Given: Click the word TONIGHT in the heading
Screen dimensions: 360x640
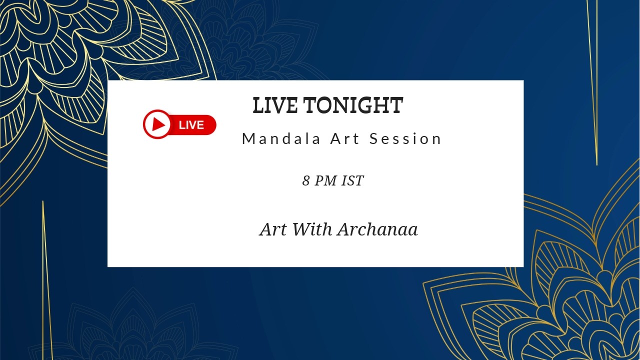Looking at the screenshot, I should (x=353, y=106).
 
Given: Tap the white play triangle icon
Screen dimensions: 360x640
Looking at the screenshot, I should (x=158, y=124).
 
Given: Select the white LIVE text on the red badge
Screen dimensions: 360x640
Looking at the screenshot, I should (x=191, y=125).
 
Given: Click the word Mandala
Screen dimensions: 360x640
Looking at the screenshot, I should (x=281, y=139).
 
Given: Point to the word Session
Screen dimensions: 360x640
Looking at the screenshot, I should (x=405, y=139).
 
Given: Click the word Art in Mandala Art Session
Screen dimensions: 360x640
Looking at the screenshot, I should (x=345, y=139).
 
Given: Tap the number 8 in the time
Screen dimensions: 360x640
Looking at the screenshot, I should (x=306, y=181).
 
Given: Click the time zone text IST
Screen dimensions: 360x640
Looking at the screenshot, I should (x=352, y=181).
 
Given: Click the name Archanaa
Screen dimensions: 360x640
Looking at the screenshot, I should (x=377, y=229).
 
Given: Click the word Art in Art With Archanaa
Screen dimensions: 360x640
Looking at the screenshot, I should (x=273, y=229).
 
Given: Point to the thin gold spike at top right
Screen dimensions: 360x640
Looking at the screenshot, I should (x=592, y=75).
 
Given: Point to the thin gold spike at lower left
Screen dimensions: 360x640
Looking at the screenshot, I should (x=46, y=280).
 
